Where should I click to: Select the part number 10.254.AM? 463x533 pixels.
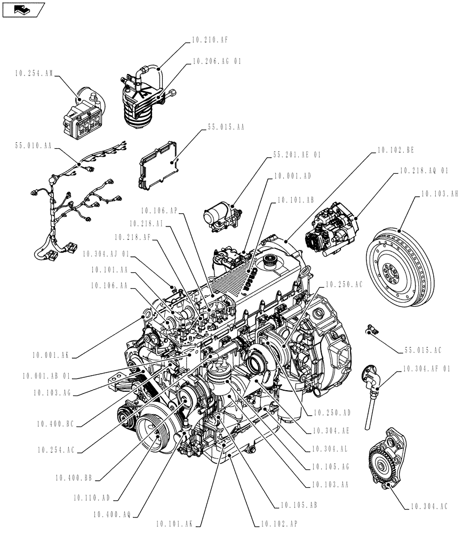pos(34,75)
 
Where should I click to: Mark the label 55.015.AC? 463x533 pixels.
pos(423,350)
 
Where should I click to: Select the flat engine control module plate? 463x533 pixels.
pos(158,164)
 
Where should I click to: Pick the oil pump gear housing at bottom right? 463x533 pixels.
pos(387,460)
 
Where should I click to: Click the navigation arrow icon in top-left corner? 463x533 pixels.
pos(22,9)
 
